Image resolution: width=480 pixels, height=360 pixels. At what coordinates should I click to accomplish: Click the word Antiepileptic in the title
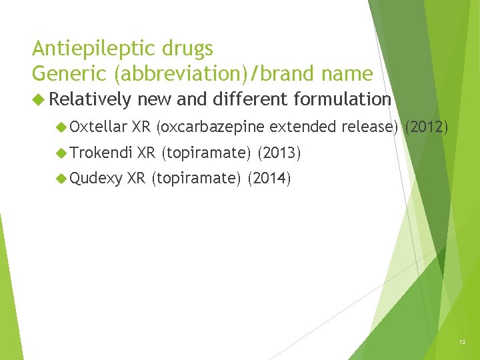pos(90,49)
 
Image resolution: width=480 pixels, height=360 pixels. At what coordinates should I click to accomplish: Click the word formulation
pos(341,100)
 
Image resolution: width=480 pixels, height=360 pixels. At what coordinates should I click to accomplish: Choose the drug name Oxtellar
pos(98,127)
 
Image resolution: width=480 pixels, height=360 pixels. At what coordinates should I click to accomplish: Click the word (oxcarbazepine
pos(210,127)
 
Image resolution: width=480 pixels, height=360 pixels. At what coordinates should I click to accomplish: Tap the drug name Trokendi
pos(101,154)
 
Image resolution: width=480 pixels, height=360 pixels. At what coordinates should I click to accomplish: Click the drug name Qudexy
pos(96,179)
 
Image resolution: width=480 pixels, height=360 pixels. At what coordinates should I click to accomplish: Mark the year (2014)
pos(269,179)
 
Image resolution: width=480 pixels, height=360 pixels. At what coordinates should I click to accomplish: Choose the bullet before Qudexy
pos(61,179)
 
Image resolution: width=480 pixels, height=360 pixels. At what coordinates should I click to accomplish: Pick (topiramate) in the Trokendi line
pos(206,154)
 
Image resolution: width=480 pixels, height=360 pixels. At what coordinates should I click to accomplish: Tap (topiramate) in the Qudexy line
pos(196,179)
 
